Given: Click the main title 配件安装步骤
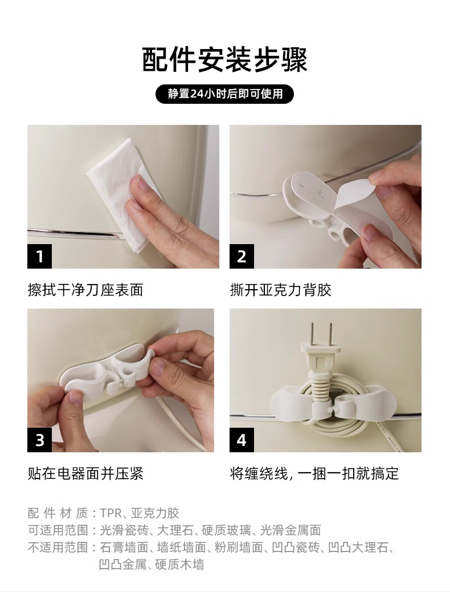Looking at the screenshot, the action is click(x=225, y=60).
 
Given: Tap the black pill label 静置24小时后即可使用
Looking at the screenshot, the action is click(x=225, y=94).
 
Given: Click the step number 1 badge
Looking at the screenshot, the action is click(x=40, y=256).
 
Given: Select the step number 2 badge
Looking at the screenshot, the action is click(x=242, y=256).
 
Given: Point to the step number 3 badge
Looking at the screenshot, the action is click(x=40, y=440).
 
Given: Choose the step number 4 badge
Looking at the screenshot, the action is click(x=242, y=440).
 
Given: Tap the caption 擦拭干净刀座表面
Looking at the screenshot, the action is click(x=85, y=290).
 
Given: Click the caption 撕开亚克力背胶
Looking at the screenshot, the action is click(x=281, y=290).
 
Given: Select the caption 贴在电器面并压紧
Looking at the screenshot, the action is click(x=85, y=473).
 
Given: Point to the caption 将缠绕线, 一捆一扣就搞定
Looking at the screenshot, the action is click(x=314, y=473).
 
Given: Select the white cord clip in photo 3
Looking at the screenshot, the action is click(x=108, y=372).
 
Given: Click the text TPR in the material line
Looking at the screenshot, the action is click(x=111, y=513).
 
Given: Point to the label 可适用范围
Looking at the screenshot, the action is click(x=58, y=530).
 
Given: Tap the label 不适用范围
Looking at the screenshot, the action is click(x=58, y=548).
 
